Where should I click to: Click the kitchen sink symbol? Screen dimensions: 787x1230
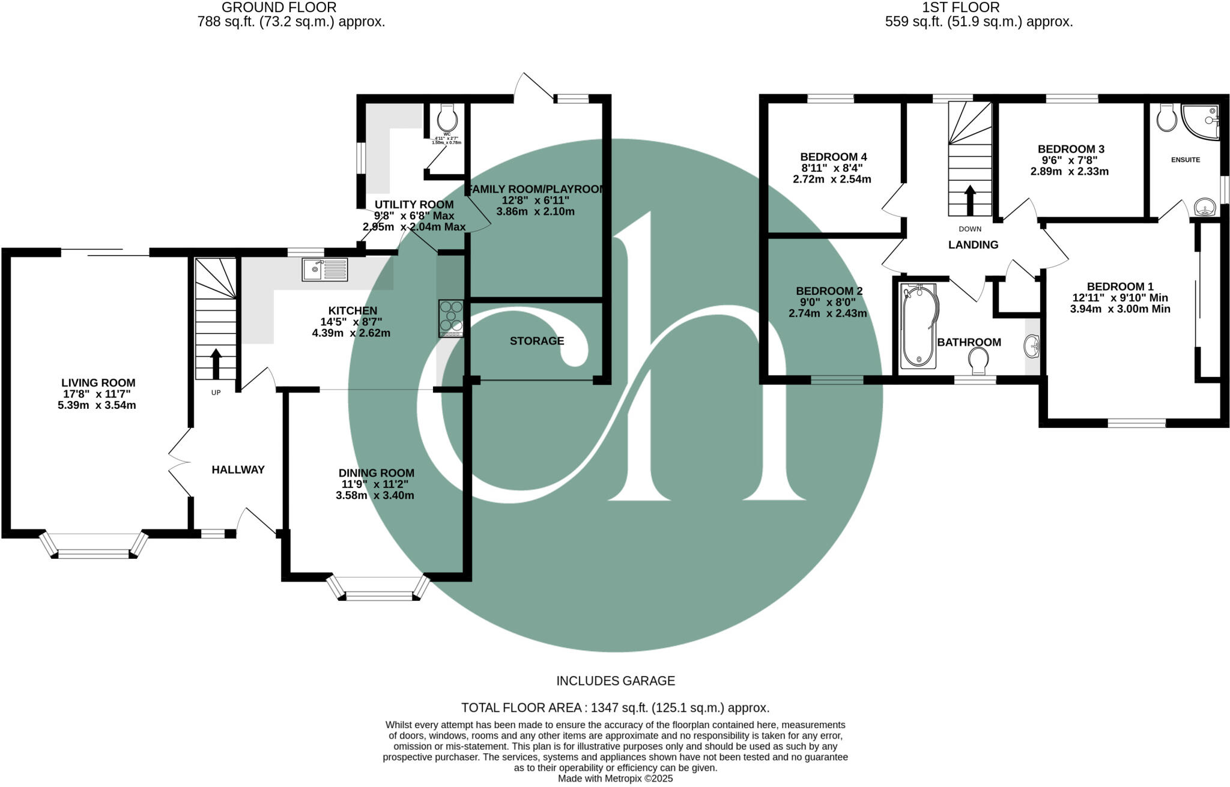tap(325, 269)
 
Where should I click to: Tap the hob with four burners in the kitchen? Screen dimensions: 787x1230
tap(451, 318)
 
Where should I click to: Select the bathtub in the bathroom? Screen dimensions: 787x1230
tap(918, 325)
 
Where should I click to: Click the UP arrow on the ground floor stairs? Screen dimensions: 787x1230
tap(216, 364)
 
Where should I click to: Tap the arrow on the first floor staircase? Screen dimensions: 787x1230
tap(969, 200)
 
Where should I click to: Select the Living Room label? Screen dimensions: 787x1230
tap(98, 383)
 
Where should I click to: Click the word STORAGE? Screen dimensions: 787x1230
tap(536, 341)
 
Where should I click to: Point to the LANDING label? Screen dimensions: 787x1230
tap(973, 245)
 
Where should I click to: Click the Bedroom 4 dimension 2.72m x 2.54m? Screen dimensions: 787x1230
tap(832, 179)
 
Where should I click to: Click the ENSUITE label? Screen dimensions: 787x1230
tap(1185, 160)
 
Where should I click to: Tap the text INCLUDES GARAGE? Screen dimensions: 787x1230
tap(615, 681)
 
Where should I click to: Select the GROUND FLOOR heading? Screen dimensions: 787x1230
tap(279, 8)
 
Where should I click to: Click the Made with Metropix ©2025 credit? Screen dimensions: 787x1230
tap(615, 779)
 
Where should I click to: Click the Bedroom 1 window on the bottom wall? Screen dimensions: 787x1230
tap(1136, 423)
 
